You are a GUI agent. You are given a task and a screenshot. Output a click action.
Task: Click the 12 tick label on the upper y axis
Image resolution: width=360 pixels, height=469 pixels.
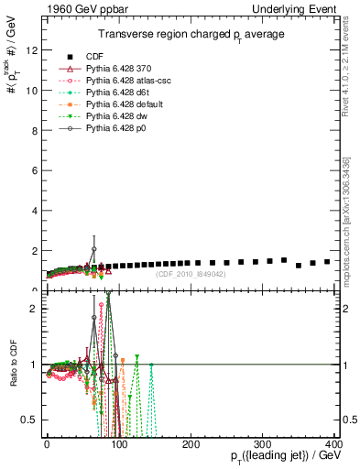tap(34, 50)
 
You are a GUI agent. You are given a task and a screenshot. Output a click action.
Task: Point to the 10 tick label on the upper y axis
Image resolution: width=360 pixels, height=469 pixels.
tap(34, 91)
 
